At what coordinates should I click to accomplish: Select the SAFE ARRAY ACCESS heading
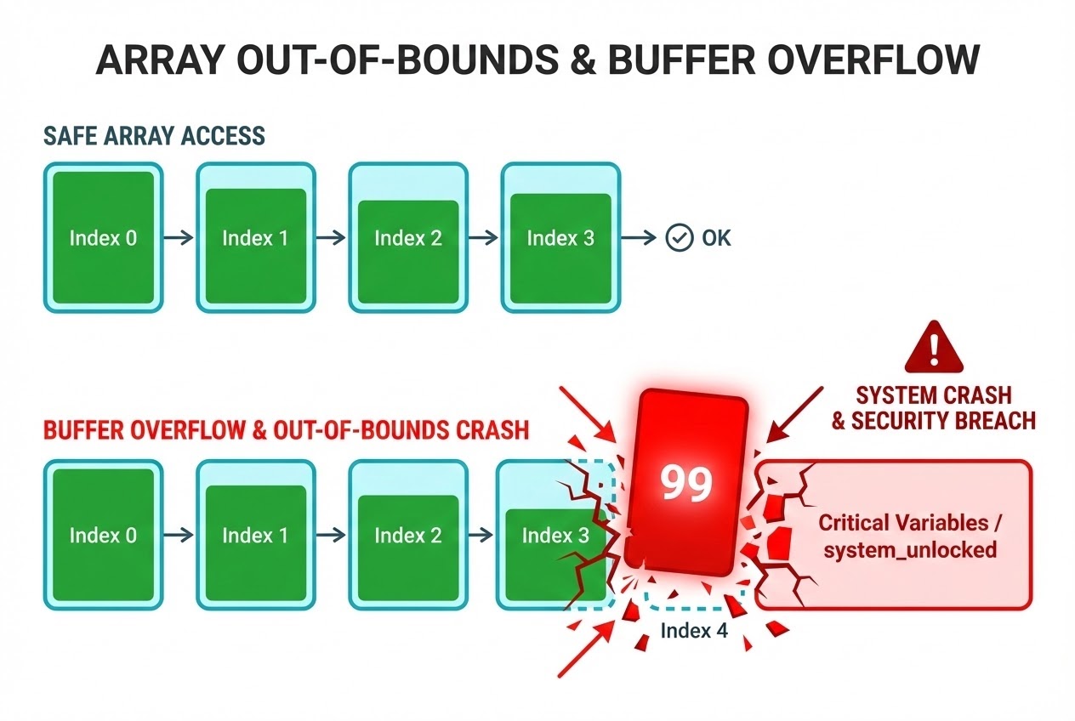[x=154, y=135]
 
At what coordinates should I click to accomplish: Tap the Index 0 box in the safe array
[x=103, y=238]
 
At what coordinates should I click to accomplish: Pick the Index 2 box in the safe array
[x=408, y=238]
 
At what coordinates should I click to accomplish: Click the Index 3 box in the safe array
[x=560, y=238]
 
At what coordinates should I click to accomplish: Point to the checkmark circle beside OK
[x=678, y=238]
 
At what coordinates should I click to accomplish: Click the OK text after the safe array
[x=716, y=238]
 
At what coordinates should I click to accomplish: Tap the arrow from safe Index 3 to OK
[x=640, y=238]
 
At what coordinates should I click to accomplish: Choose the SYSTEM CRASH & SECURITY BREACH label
[x=933, y=408]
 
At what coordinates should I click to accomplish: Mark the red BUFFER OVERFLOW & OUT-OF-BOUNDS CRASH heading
[x=286, y=430]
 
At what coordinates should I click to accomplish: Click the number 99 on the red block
[x=686, y=484]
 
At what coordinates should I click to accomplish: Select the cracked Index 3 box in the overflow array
[x=555, y=536]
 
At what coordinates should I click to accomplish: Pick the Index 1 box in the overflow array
[x=255, y=536]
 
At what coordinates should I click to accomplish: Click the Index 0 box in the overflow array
[x=103, y=536]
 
